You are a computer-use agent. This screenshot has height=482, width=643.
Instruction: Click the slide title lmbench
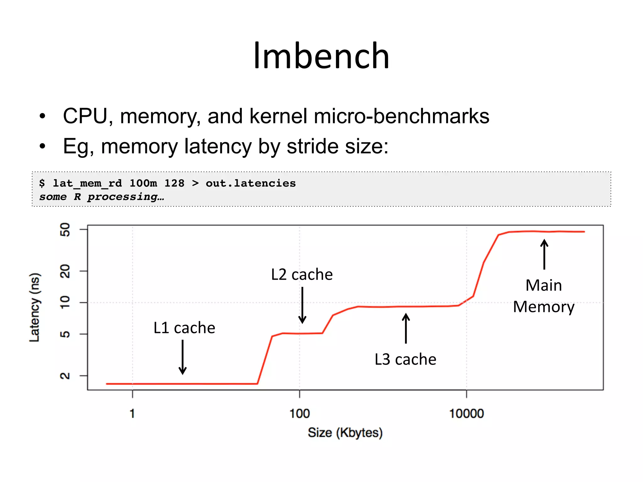(x=321, y=56)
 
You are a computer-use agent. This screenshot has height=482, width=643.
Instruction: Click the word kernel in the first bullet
(x=278, y=116)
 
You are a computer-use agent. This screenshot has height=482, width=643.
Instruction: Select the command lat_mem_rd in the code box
(x=87, y=183)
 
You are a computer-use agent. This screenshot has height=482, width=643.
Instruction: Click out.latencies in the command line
(x=251, y=183)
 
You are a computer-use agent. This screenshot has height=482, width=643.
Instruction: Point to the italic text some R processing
(x=101, y=197)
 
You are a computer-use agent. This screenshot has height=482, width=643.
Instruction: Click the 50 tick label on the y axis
(x=65, y=230)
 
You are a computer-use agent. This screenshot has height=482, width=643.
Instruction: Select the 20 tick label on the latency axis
(x=65, y=271)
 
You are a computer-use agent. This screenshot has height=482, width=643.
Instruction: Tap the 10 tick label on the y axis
(x=65, y=302)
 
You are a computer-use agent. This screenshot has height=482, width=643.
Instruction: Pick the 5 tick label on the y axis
(x=65, y=334)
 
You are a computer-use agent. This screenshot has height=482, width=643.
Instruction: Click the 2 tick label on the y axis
(x=65, y=376)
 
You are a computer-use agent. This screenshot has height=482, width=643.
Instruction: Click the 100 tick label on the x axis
(x=300, y=414)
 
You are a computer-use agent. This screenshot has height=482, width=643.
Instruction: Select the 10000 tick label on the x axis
(x=466, y=414)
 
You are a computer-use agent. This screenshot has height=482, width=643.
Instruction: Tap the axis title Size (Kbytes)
(x=345, y=433)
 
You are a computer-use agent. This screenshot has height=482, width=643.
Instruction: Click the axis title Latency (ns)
(x=35, y=307)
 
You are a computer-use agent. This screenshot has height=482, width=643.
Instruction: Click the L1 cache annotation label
(x=184, y=328)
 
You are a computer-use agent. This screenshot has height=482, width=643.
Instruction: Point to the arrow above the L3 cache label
(x=406, y=328)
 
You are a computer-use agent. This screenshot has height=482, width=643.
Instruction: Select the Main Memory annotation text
(x=544, y=296)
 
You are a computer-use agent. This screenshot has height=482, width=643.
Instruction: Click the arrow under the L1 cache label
(x=183, y=357)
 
